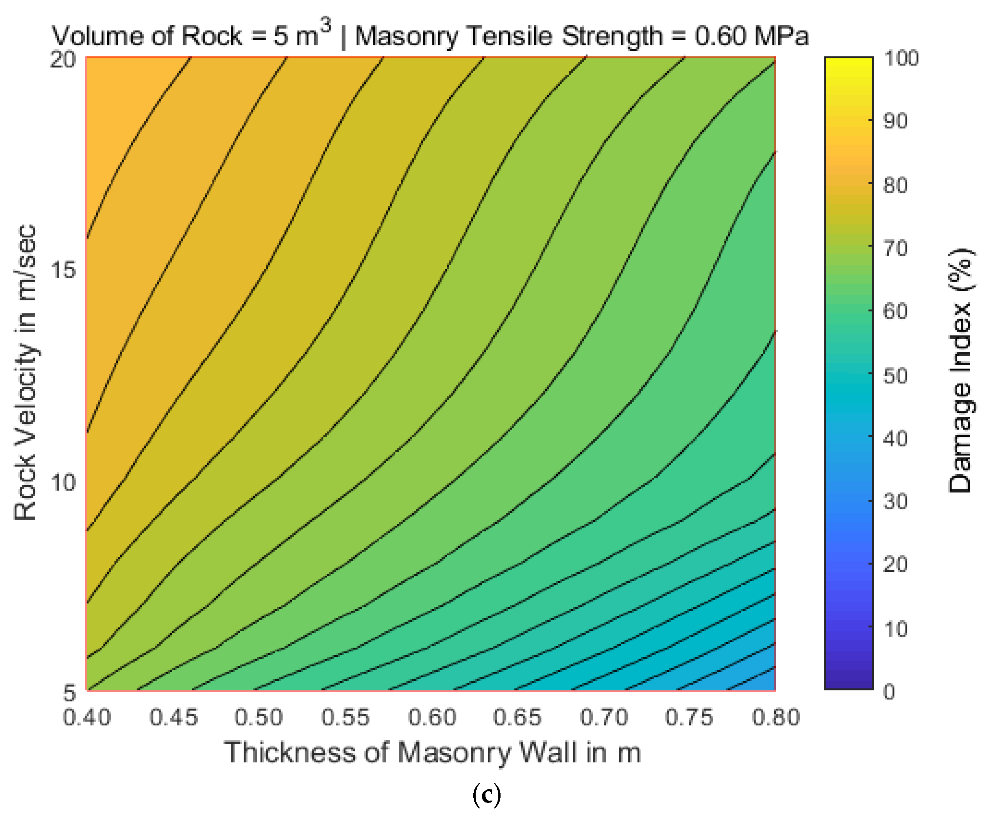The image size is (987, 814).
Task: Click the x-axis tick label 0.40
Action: pos(87,717)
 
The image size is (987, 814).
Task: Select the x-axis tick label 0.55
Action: pos(345,717)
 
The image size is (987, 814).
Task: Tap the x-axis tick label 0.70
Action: pos(604,717)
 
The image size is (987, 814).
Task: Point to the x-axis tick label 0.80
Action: pos(776,717)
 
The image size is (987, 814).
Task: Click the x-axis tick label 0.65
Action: pos(517,717)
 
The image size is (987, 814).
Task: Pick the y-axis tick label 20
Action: pos(63,60)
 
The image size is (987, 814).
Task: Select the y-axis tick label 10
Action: pos(63,482)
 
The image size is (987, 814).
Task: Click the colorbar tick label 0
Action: pos(889,692)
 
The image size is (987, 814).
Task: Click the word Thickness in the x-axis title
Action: pos(290,753)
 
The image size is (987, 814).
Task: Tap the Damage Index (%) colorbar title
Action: pos(960,370)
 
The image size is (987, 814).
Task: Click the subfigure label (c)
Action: pos(487,795)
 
